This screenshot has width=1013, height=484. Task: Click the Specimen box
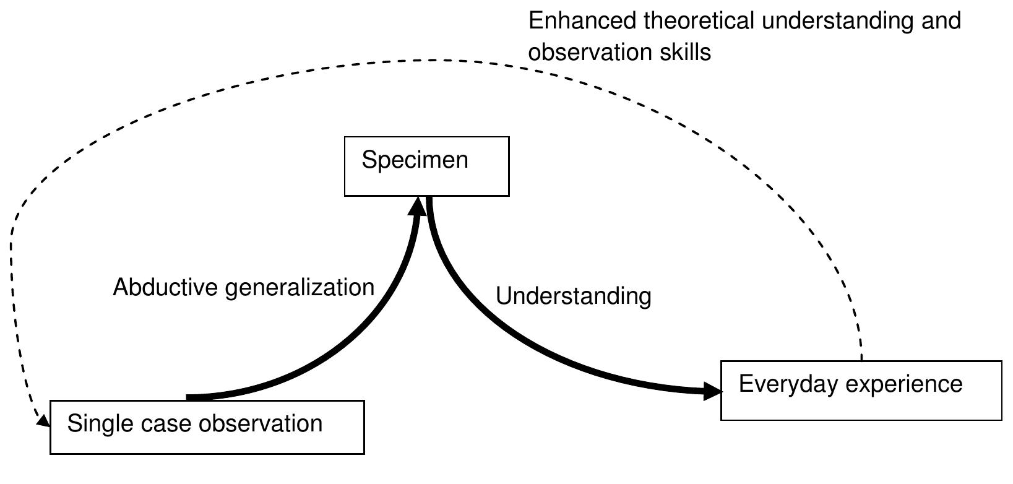[426, 166]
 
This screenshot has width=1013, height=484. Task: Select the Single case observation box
[207, 427]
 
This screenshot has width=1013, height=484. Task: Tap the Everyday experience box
[860, 391]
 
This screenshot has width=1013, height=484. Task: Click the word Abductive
[165, 288]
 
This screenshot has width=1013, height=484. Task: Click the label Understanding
[573, 296]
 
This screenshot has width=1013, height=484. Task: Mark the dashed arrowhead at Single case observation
[43, 421]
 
